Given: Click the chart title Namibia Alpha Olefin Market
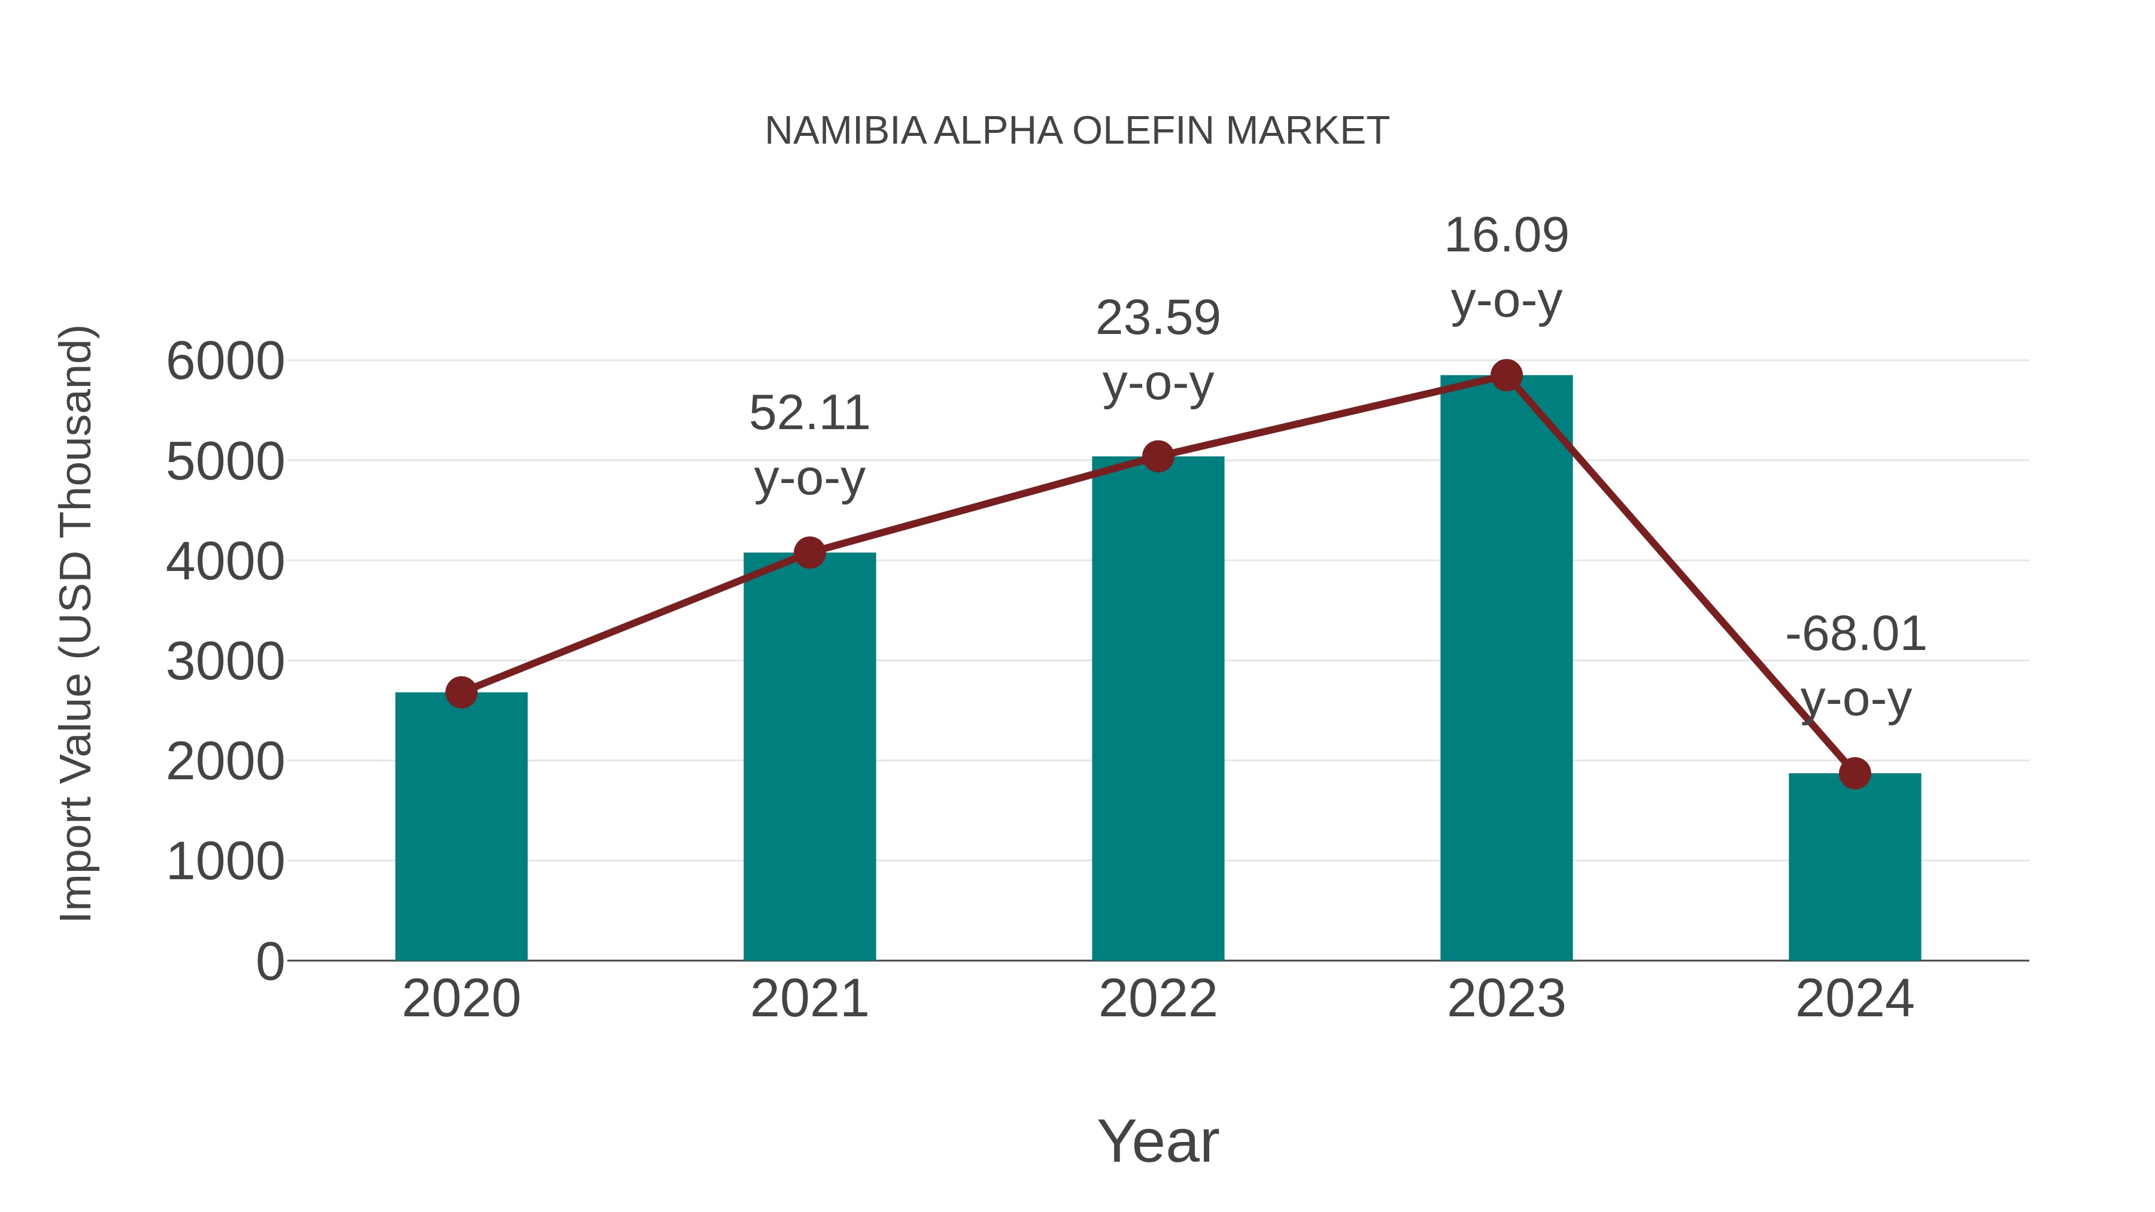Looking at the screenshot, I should [x=1077, y=131].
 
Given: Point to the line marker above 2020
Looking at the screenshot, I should [x=461, y=692].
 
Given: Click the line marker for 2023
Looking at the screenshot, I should [x=1506, y=375].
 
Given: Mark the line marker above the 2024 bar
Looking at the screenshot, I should [x=1854, y=774].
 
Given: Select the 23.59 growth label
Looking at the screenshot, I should [x=1158, y=318].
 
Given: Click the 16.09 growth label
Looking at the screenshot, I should [x=1506, y=236].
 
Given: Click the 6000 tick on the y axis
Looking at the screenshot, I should [x=225, y=362].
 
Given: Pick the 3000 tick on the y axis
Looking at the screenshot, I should [x=225, y=663].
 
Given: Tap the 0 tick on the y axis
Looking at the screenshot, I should [x=269, y=962].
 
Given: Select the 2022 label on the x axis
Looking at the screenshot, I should [x=1158, y=1000].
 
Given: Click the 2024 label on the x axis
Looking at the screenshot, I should [x=1854, y=1000].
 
